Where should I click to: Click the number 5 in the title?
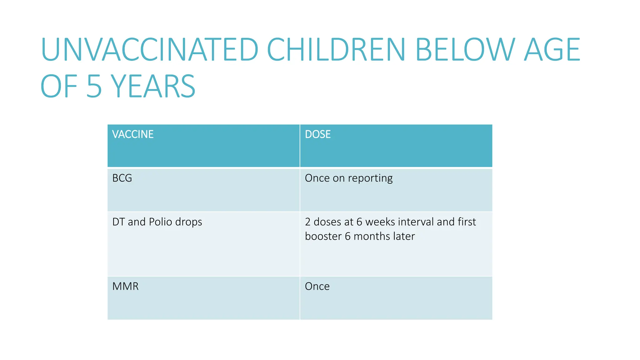[94, 87]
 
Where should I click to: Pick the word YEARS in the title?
[153, 87]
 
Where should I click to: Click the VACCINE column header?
[133, 134]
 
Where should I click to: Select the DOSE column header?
[317, 134]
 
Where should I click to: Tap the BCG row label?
[122, 178]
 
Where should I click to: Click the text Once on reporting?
[348, 178]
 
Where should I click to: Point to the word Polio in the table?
[160, 222]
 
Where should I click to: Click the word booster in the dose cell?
[323, 236]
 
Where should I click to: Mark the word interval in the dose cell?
[416, 222]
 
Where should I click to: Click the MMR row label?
[125, 286]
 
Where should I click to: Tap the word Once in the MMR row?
[317, 286]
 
